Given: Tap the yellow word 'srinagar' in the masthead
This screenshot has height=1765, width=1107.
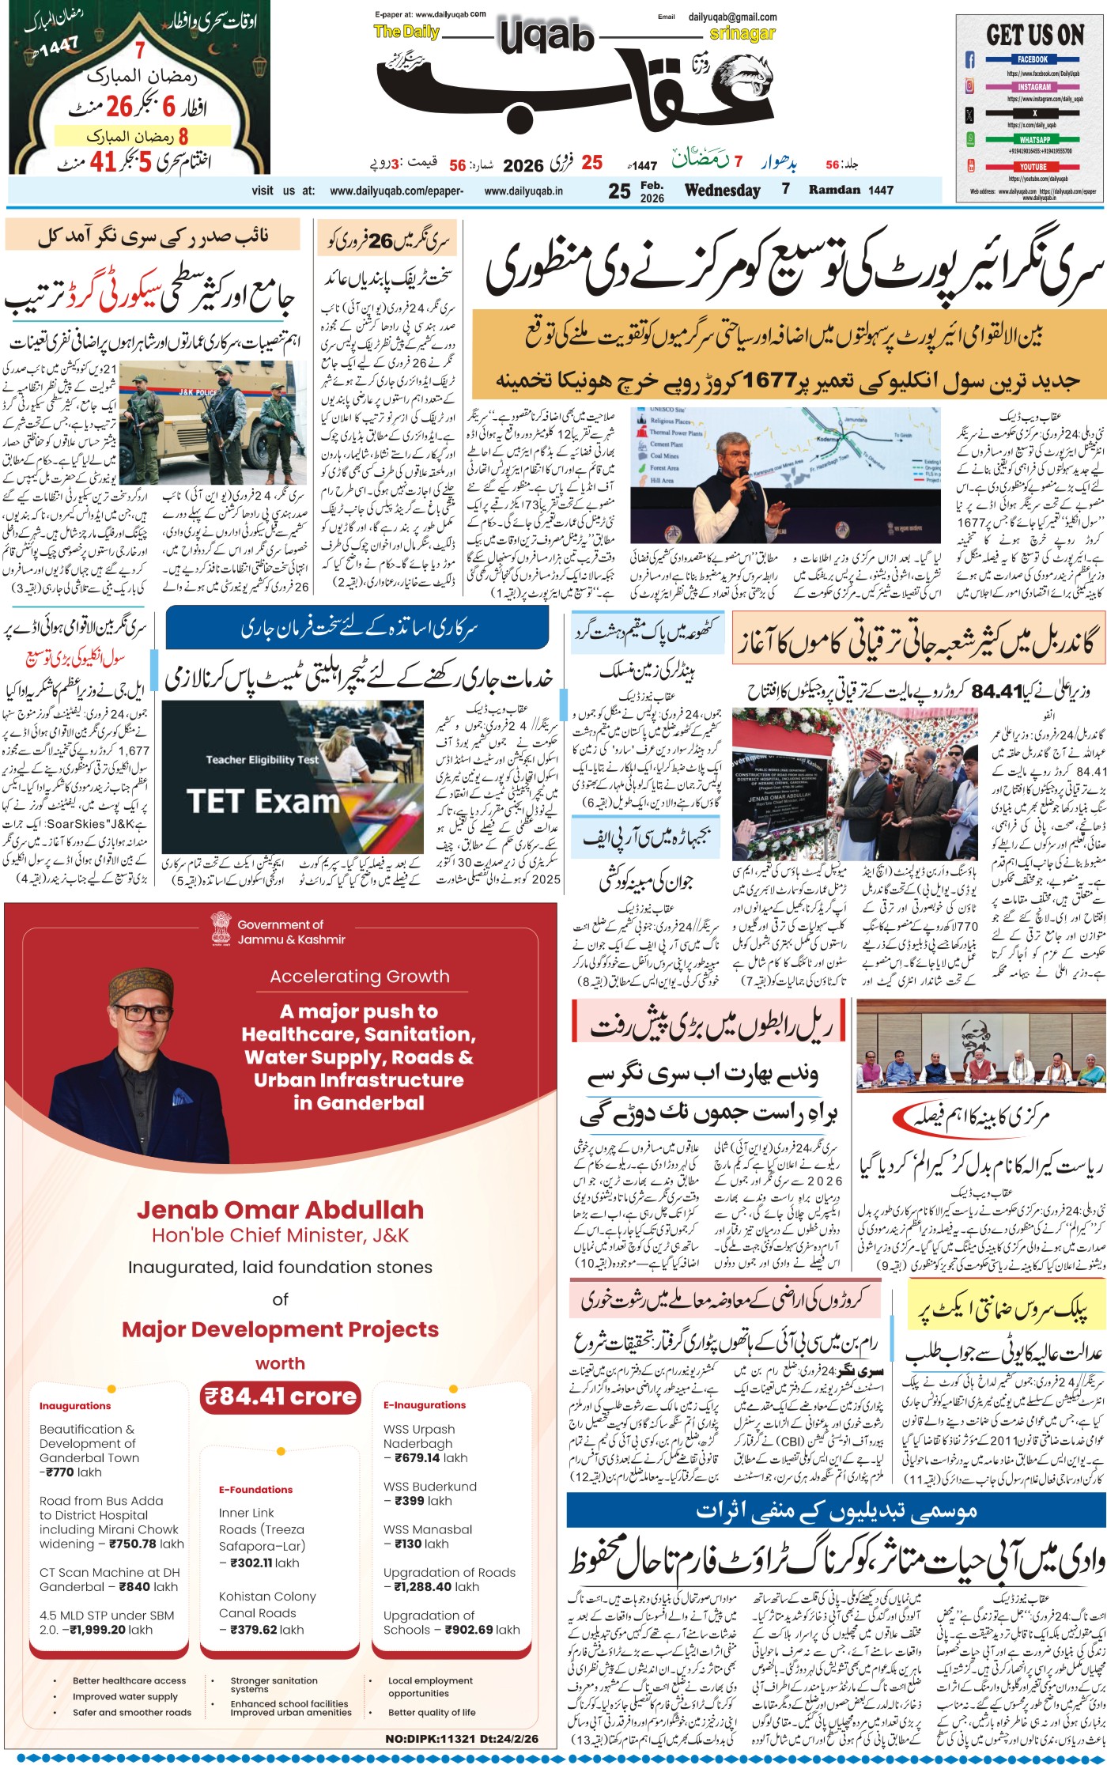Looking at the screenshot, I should [x=742, y=33].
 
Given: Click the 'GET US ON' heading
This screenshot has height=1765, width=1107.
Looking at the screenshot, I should [x=1034, y=35].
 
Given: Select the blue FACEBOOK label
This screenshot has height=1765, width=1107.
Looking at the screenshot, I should [x=1033, y=59].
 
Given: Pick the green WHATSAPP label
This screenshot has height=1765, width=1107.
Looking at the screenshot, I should [x=1033, y=140].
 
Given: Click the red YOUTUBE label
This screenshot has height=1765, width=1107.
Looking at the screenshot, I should [x=1033, y=167].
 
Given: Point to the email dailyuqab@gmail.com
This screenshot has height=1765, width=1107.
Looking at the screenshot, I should [x=732, y=17].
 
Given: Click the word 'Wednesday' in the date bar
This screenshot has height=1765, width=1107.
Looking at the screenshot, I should [x=722, y=191].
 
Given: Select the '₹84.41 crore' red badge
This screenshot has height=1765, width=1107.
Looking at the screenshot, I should [x=281, y=1397].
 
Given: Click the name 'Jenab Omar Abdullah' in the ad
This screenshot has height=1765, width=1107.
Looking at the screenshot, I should [x=280, y=1210].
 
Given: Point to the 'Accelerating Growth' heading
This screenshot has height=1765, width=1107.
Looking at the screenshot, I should [x=360, y=977].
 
